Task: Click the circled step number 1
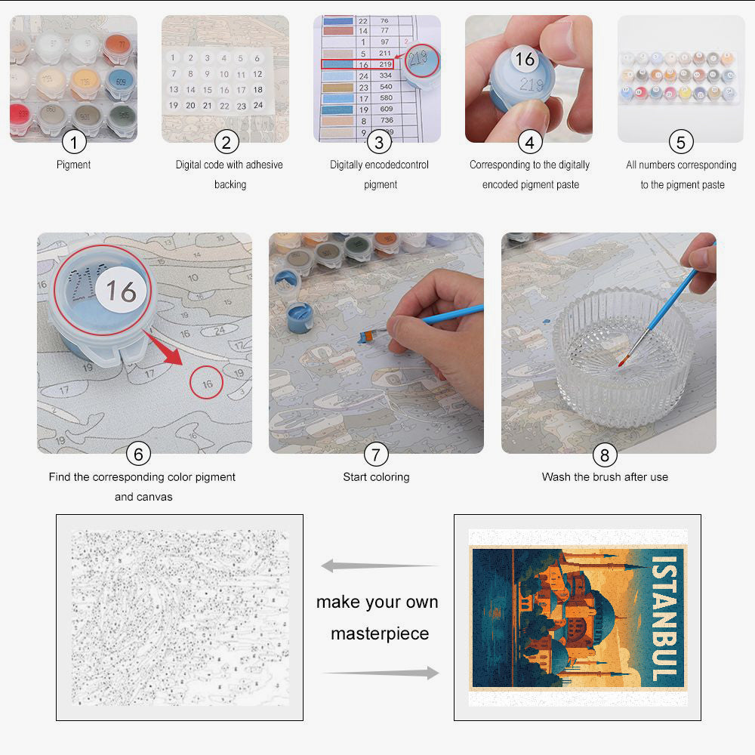74,141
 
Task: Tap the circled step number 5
681,141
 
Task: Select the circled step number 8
604,455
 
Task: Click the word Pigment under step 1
74,165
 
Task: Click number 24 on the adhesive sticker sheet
257,106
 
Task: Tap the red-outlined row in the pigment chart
357,65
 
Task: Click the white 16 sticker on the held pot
525,58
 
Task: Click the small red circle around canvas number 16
207,384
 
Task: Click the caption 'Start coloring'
376,477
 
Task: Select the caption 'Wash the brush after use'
605,477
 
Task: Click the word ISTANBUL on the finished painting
664,619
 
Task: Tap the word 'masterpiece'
380,633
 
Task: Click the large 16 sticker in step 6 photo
120,291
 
